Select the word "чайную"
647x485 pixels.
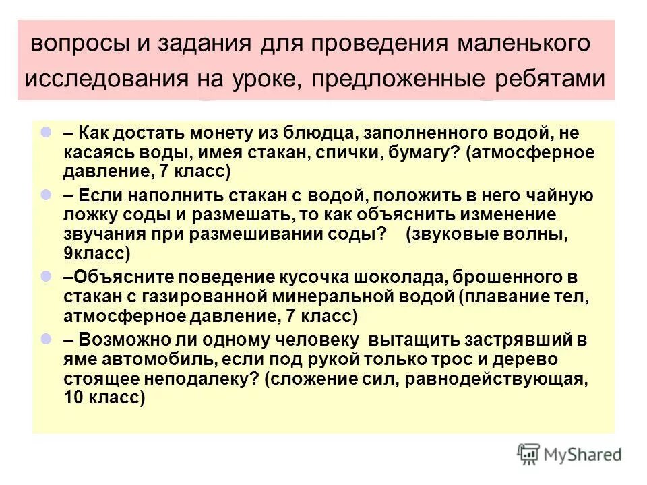pos(557,196)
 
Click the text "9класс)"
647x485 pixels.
pos(95,253)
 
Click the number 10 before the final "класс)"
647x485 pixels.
pos(73,397)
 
